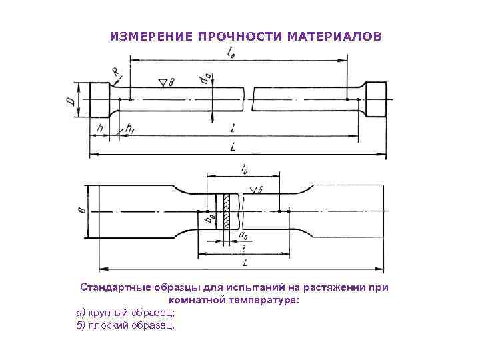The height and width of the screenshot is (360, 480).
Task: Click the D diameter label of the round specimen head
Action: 71,100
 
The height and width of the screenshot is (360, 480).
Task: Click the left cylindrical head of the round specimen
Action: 99,100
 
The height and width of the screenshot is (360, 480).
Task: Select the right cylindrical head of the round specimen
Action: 375,100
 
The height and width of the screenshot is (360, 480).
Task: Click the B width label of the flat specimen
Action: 81,211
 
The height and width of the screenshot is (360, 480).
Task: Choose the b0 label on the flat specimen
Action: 209,218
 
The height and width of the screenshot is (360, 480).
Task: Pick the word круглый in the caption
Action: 106,313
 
